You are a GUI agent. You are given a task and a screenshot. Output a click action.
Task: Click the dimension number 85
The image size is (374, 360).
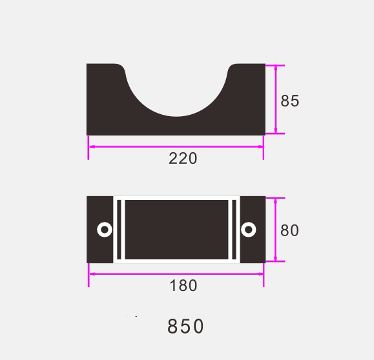pyautogui.click(x=289, y=101)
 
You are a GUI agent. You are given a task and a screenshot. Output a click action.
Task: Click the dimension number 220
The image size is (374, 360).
pyautogui.click(x=183, y=159)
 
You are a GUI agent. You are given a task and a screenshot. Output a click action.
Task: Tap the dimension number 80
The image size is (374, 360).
pyautogui.click(x=289, y=230)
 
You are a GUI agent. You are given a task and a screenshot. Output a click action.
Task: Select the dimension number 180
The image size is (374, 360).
pyautogui.click(x=183, y=286)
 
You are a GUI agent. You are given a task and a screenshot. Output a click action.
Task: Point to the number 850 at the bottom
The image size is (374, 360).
pyautogui.click(x=185, y=326)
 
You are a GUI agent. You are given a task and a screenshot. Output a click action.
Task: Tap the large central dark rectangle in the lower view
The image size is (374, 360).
pyautogui.click(x=176, y=230)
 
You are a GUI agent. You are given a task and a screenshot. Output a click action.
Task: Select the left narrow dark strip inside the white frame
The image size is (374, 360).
pyautogui.click(x=119, y=230)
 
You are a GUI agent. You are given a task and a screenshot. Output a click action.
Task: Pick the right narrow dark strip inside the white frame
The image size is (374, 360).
pyautogui.click(x=234, y=230)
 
